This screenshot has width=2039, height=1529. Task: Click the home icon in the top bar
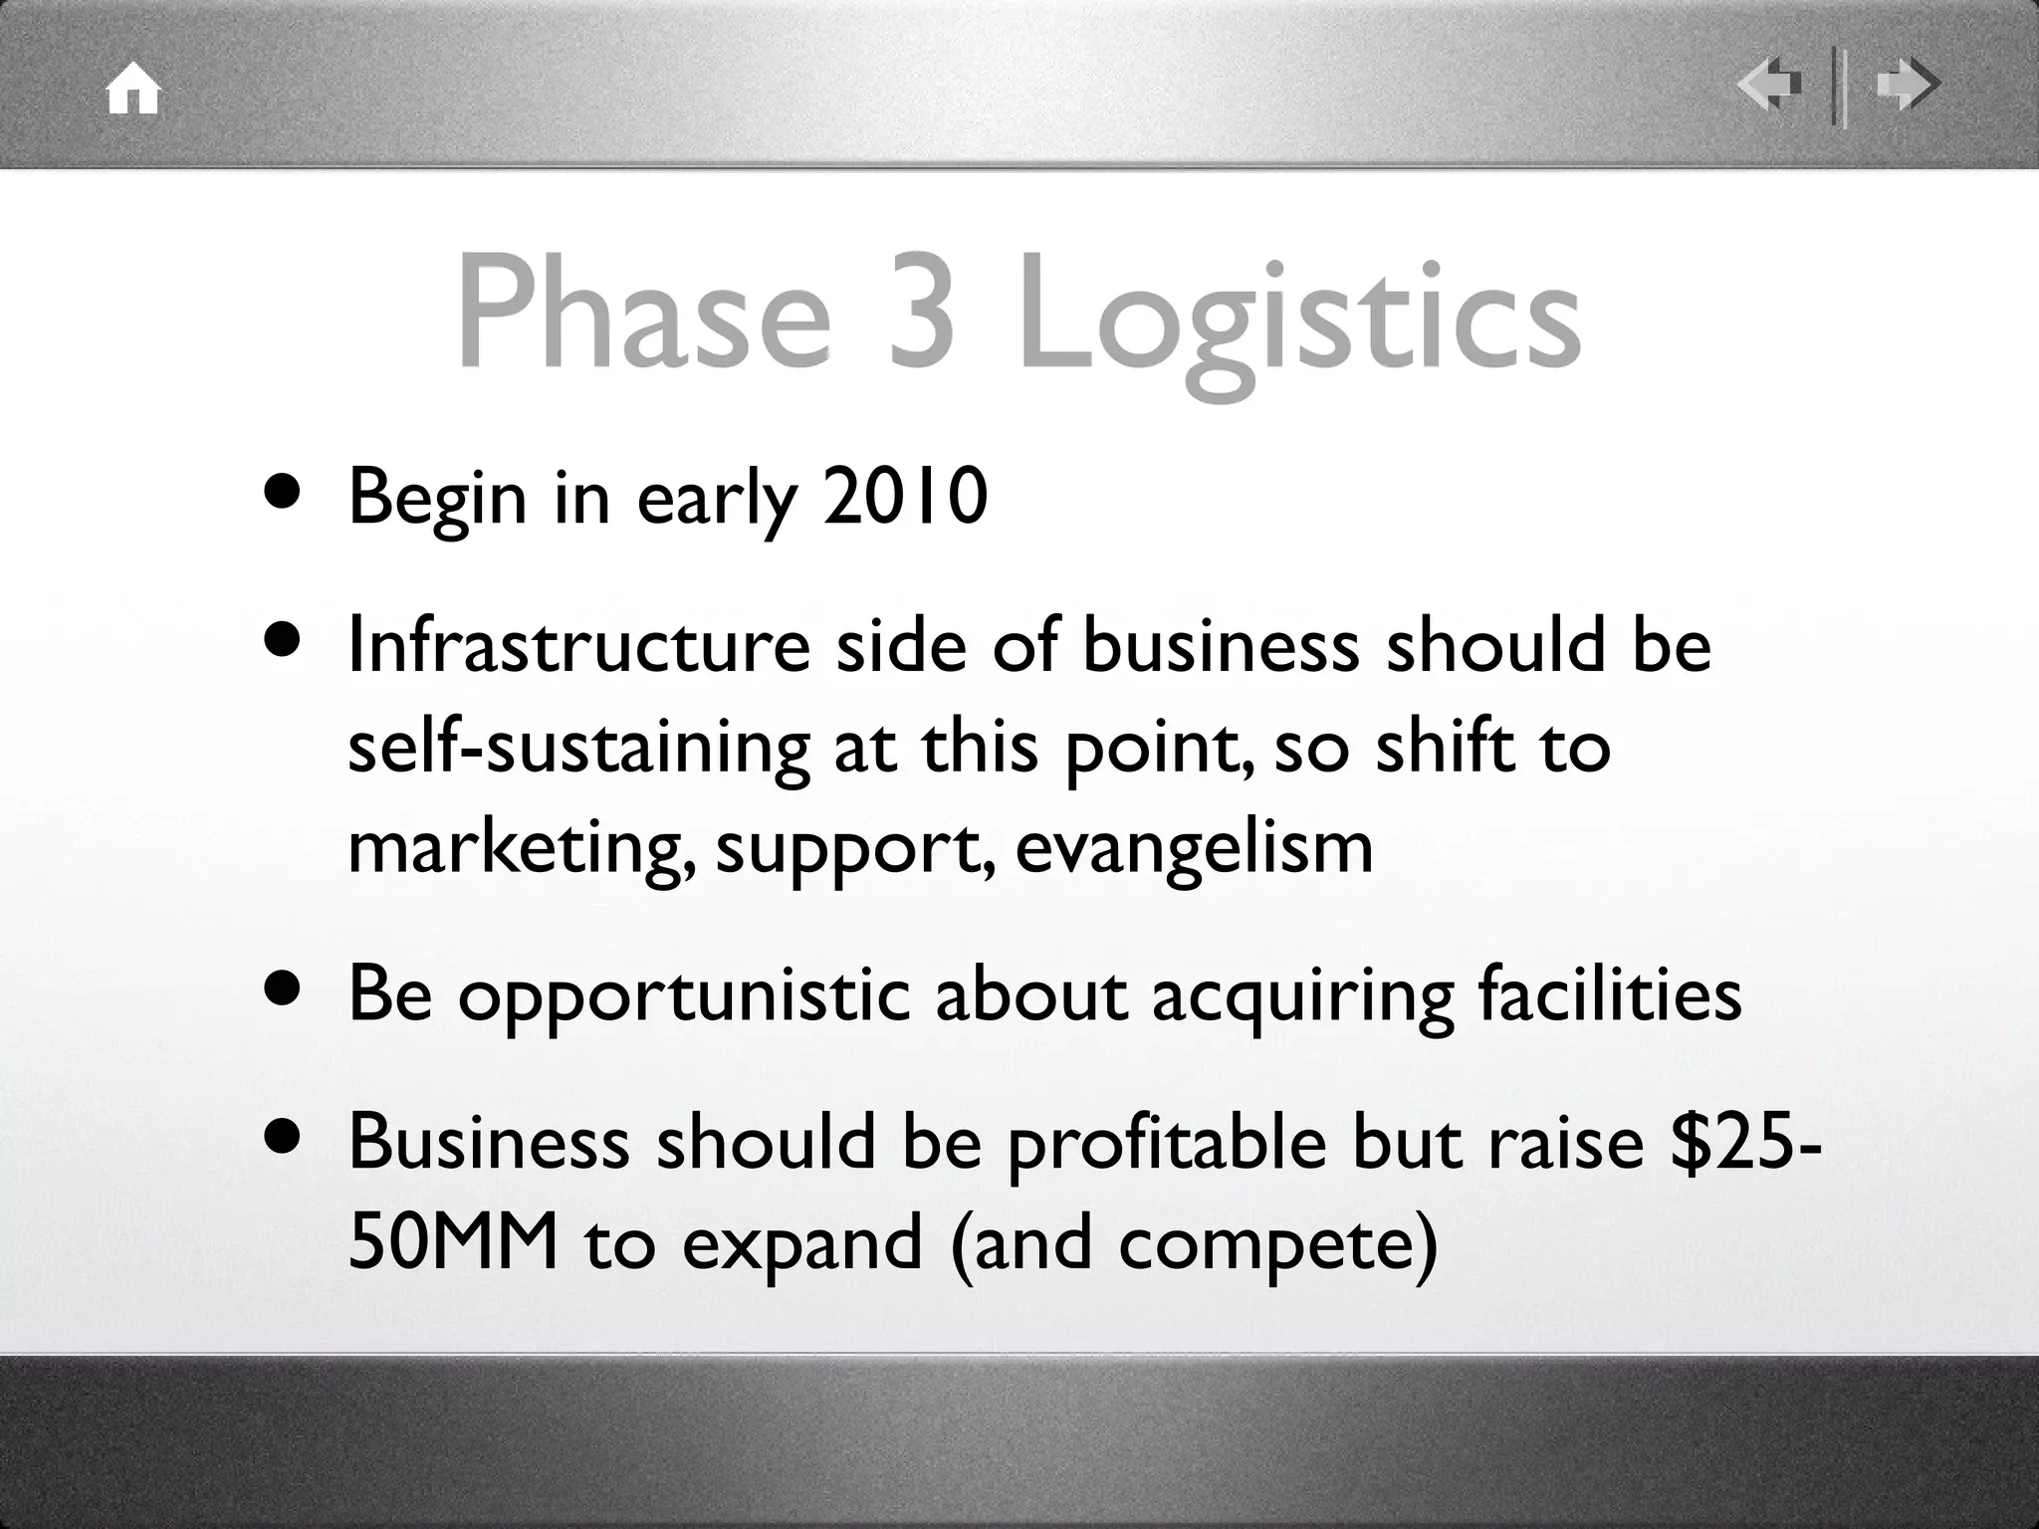tap(133, 90)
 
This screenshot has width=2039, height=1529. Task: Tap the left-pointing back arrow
tap(1770, 85)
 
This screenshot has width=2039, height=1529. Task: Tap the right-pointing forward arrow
tap(1907, 85)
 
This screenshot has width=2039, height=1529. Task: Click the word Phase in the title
tap(642, 312)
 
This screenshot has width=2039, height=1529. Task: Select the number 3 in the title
tap(922, 312)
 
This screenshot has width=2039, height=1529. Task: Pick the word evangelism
tap(1194, 848)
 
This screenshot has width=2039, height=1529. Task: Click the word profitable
tap(1166, 1144)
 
